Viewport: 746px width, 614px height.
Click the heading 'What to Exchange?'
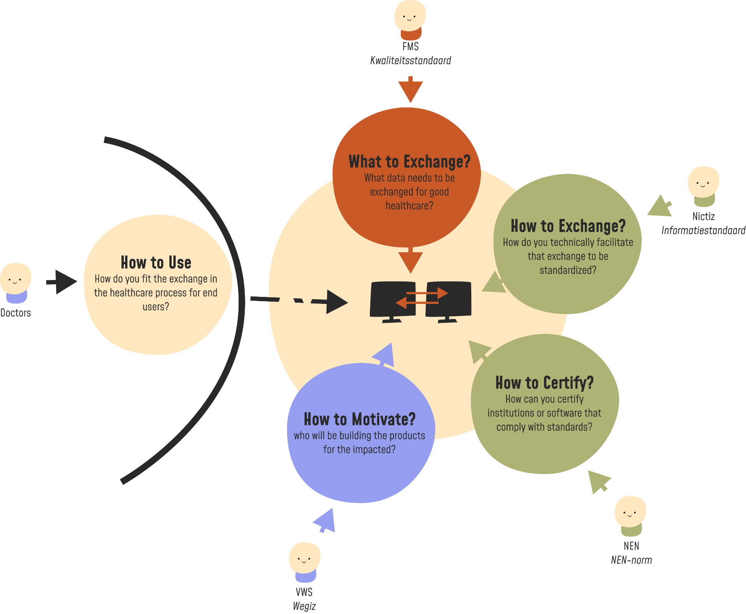(x=409, y=161)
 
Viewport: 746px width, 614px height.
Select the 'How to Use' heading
(x=156, y=263)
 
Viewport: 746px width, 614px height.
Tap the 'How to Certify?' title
(x=544, y=383)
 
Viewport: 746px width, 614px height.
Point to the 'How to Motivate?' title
(x=359, y=419)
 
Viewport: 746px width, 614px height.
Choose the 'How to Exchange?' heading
(x=568, y=226)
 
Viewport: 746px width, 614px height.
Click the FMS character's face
(x=410, y=16)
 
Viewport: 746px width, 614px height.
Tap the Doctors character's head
(x=15, y=278)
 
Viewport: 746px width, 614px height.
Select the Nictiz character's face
(x=703, y=182)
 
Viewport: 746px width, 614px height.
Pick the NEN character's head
(x=630, y=512)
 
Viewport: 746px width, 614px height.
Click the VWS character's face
(x=304, y=558)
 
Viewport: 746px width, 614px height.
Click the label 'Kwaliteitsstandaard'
(x=410, y=61)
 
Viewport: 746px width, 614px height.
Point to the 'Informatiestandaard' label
(x=703, y=231)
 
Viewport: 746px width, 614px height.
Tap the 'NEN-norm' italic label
(x=631, y=560)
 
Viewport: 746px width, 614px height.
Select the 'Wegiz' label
(x=304, y=606)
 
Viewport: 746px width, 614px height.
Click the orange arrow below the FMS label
(x=410, y=90)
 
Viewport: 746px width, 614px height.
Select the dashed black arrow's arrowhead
(x=336, y=302)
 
